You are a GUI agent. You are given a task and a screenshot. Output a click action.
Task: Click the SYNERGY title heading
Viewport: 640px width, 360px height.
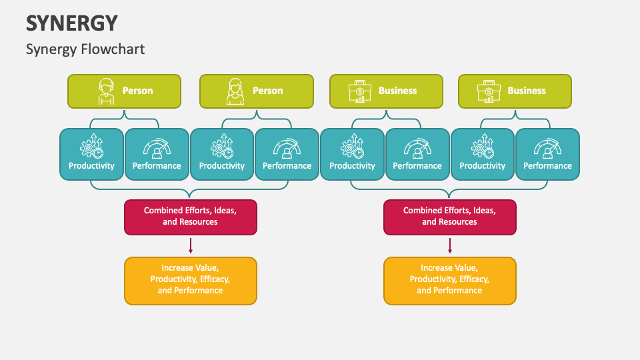(72, 23)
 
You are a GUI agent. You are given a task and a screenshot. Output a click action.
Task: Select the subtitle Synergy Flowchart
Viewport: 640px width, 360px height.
(85, 49)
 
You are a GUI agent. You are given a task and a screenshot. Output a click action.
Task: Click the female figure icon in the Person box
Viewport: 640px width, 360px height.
(235, 91)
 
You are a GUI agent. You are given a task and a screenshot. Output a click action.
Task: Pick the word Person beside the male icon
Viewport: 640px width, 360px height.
(137, 91)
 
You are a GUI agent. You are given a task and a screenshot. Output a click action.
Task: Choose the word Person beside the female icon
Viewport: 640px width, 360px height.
(267, 91)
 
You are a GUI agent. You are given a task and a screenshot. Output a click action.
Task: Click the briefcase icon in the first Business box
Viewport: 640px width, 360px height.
(360, 91)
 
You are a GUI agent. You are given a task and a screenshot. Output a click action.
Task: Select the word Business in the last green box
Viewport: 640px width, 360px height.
(527, 91)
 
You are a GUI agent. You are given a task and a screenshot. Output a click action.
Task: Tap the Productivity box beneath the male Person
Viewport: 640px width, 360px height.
(91, 154)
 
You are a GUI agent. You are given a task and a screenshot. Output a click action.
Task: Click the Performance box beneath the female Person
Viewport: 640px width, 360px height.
(287, 154)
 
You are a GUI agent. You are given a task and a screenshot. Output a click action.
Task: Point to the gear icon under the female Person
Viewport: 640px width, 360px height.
(222, 147)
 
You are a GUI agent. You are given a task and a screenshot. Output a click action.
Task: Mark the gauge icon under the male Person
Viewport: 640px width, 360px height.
(157, 147)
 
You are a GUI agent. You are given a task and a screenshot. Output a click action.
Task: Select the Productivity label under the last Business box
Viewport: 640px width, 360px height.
(482, 166)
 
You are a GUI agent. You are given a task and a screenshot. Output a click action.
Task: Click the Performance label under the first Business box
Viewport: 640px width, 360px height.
(417, 166)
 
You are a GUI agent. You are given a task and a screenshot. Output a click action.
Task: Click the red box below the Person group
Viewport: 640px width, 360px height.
(190, 217)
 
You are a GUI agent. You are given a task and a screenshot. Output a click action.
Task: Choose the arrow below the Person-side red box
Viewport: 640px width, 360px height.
(190, 245)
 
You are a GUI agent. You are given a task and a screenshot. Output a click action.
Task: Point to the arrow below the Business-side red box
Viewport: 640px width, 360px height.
(449, 245)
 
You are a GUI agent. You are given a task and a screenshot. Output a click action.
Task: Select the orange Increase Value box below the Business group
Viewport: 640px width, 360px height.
(449, 281)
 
